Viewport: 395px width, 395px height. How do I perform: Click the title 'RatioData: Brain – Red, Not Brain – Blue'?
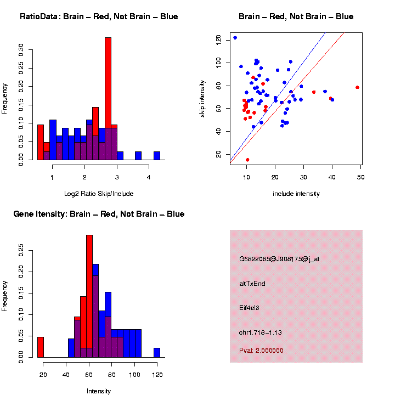(99, 16)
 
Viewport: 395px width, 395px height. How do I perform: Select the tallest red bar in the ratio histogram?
(108, 99)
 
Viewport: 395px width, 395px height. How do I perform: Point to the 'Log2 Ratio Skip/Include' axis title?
(99, 193)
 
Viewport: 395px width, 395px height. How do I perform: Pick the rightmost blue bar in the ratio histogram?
(157, 156)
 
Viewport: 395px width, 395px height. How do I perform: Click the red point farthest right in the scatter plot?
(357, 87)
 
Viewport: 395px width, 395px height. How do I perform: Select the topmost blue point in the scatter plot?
(235, 38)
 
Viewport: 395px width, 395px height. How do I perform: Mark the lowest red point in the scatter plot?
(247, 160)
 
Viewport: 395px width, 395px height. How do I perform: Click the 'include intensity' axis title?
(296, 193)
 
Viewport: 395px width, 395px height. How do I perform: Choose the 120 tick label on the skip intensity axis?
(219, 38)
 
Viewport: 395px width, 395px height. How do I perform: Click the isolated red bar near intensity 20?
(41, 347)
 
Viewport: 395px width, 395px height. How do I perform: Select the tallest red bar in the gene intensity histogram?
(89, 296)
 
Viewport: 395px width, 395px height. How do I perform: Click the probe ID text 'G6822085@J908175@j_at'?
(279, 259)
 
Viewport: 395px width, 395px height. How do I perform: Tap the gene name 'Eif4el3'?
(249, 308)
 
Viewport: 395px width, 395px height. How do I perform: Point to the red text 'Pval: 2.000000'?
(261, 350)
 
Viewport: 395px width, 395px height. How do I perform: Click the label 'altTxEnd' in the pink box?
(252, 284)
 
